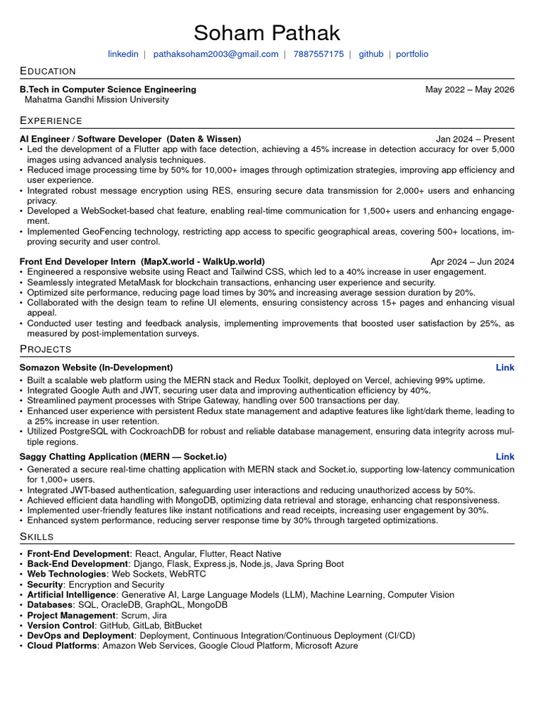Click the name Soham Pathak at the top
coord(267,32)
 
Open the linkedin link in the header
coord(123,54)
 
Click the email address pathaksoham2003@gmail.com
coord(216,54)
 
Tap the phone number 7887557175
coord(318,54)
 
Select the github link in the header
coord(371,54)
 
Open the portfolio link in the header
coord(411,54)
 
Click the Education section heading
coord(48,71)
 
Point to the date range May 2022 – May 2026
coord(469,89)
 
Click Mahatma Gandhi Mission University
coord(97,100)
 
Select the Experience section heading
coord(51,121)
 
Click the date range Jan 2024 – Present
coord(475,139)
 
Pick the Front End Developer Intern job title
coord(77,262)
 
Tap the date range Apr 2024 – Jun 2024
coord(472,262)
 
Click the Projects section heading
coord(46,349)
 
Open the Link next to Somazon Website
coord(504,368)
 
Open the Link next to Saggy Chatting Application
coord(504,457)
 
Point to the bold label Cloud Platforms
coord(61,646)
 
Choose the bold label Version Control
coord(61,625)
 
